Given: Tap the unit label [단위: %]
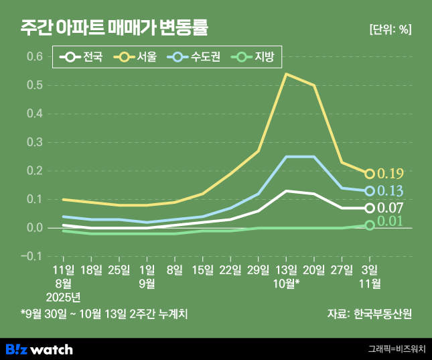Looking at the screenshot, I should click(x=390, y=29).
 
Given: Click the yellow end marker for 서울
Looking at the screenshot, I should click(x=370, y=174).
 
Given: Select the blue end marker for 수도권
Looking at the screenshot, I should click(x=370, y=191).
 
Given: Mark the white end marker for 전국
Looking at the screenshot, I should click(x=370, y=208).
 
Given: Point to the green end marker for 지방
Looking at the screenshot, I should click(x=370, y=225).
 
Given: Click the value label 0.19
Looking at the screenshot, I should click(x=390, y=174).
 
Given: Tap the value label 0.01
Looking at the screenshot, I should click(x=390, y=222).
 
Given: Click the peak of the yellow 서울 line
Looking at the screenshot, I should click(x=286, y=74).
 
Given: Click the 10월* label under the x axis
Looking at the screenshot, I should click(x=287, y=283).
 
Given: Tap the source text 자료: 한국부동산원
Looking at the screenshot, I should click(x=369, y=313).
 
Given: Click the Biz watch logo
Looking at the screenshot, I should click(x=39, y=349).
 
